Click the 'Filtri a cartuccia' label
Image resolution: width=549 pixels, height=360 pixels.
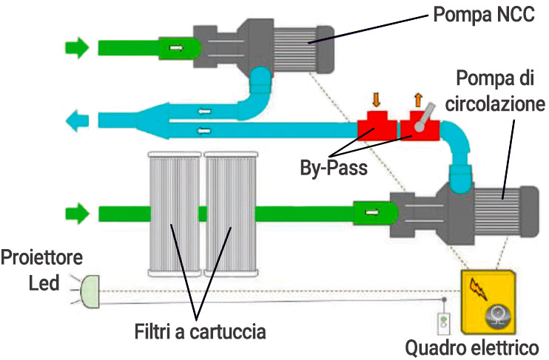pos(201,332)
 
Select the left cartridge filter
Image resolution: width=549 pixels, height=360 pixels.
pos(174,214)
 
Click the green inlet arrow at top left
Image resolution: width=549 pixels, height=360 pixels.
pos(76,48)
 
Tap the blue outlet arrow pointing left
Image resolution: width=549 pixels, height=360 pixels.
pos(76,119)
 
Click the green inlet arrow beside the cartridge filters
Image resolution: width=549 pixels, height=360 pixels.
pos(76,214)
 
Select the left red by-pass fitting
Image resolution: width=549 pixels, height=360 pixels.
pos(376,127)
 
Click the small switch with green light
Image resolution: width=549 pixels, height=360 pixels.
pos(443,324)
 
